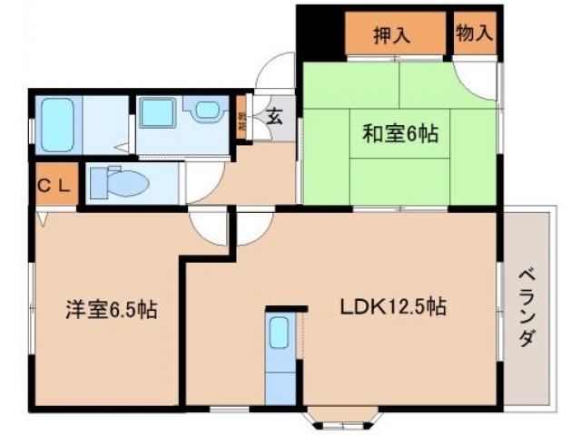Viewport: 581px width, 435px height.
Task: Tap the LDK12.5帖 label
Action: pyautogui.click(x=392, y=306)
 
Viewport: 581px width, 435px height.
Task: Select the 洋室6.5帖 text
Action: pyautogui.click(x=111, y=310)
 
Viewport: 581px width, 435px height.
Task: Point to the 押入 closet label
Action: pyautogui.click(x=392, y=35)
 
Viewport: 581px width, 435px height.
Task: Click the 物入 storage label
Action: pyautogui.click(x=475, y=34)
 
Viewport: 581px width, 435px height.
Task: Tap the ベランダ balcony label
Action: pyautogui.click(x=527, y=308)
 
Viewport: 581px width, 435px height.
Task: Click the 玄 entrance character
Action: pyautogui.click(x=273, y=116)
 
